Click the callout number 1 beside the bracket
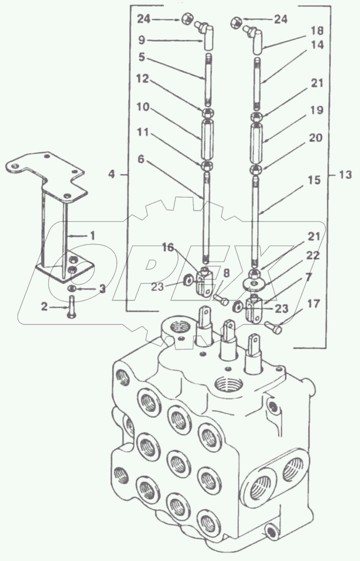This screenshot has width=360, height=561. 93,236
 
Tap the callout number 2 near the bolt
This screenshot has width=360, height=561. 44,307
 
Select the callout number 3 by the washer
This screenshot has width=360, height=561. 102,289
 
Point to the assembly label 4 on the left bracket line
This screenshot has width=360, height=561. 112,174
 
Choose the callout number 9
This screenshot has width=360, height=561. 142,40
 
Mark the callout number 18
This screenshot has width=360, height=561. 317,31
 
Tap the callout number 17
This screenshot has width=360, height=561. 314,304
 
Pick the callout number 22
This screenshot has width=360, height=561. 313,256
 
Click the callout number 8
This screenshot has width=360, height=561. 226,273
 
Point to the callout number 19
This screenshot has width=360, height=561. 317,110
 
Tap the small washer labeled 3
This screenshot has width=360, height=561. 72,289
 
